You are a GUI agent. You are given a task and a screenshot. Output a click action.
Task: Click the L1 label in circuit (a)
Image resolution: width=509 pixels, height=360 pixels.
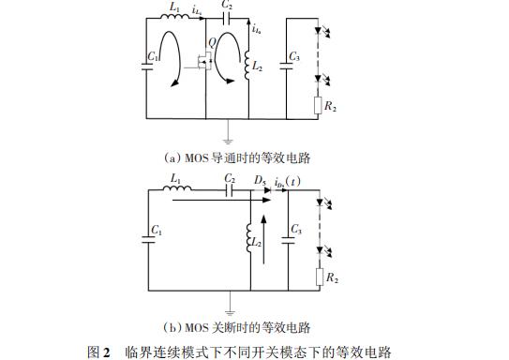(175, 7)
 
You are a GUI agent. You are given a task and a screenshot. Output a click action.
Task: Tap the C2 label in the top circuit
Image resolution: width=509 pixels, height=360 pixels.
(226, 6)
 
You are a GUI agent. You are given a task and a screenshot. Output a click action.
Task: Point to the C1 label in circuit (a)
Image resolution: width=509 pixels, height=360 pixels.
(152, 58)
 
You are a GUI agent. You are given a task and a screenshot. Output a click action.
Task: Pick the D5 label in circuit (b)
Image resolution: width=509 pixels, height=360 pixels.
(260, 178)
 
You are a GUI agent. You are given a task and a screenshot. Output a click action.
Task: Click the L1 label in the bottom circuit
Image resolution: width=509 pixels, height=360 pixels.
(175, 178)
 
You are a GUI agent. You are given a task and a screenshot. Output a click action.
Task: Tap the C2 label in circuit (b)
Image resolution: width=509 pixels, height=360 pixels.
(230, 178)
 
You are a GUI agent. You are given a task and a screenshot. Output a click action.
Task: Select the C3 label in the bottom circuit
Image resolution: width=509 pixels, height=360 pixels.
(297, 229)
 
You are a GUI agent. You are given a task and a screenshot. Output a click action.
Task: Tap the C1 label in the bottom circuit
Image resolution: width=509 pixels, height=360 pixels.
(156, 231)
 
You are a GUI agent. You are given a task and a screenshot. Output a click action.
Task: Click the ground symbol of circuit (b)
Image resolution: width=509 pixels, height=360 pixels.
(231, 306)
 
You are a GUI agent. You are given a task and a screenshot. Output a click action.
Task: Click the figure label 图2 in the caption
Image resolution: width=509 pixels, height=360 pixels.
(99, 352)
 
